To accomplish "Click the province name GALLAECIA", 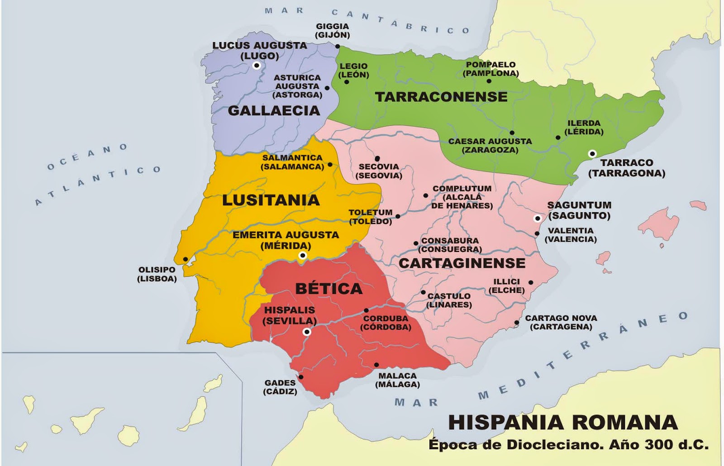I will tap(274, 110).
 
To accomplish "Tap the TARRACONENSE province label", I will tap(441, 97).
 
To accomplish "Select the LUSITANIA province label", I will tap(271, 200).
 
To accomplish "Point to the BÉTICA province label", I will tap(329, 289).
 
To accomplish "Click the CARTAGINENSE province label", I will tap(462, 263).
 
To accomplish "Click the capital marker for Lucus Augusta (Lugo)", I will tap(257, 66).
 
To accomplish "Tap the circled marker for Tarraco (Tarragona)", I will tap(592, 154).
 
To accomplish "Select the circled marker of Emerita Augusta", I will tap(303, 256).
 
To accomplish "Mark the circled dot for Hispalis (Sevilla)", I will tap(307, 332).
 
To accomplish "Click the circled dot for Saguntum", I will tap(538, 219).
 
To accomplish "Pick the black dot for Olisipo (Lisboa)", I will tap(186, 259).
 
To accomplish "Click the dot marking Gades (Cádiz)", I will tap(301, 377).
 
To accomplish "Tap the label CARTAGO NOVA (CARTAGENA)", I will tap(561, 323).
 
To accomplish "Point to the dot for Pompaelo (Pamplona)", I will tap(489, 81).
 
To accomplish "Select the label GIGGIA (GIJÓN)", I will tap(333, 30).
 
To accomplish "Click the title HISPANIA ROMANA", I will tap(563, 423).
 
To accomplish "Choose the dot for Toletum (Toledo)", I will tap(398, 217).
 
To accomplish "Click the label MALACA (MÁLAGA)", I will tap(397, 380).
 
